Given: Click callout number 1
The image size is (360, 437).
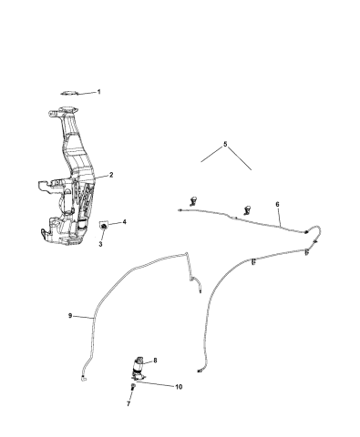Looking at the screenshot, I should [x=98, y=92].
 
